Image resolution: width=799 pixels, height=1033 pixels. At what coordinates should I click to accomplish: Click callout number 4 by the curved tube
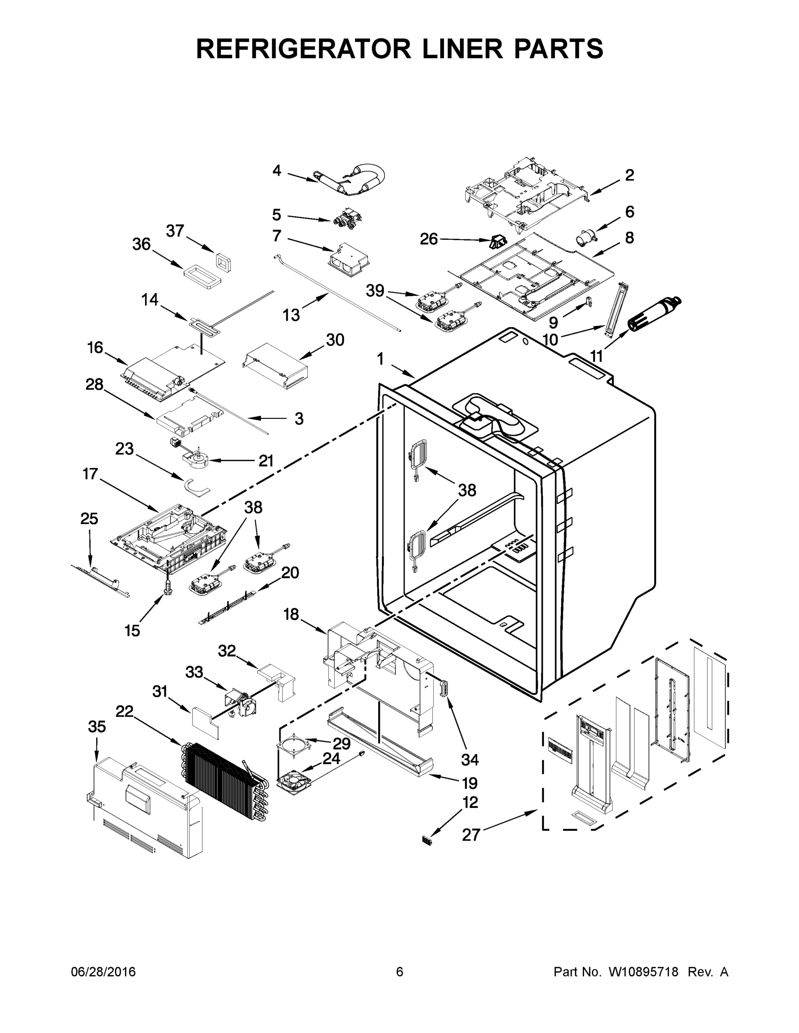[277, 171]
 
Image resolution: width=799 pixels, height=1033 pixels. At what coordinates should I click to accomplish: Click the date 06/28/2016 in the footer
[103, 972]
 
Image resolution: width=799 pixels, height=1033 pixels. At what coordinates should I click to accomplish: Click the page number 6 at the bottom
[400, 972]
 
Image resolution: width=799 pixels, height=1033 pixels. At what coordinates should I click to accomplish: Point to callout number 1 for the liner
[380, 359]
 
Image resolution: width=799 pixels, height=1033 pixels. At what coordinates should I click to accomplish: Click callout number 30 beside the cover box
[335, 340]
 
